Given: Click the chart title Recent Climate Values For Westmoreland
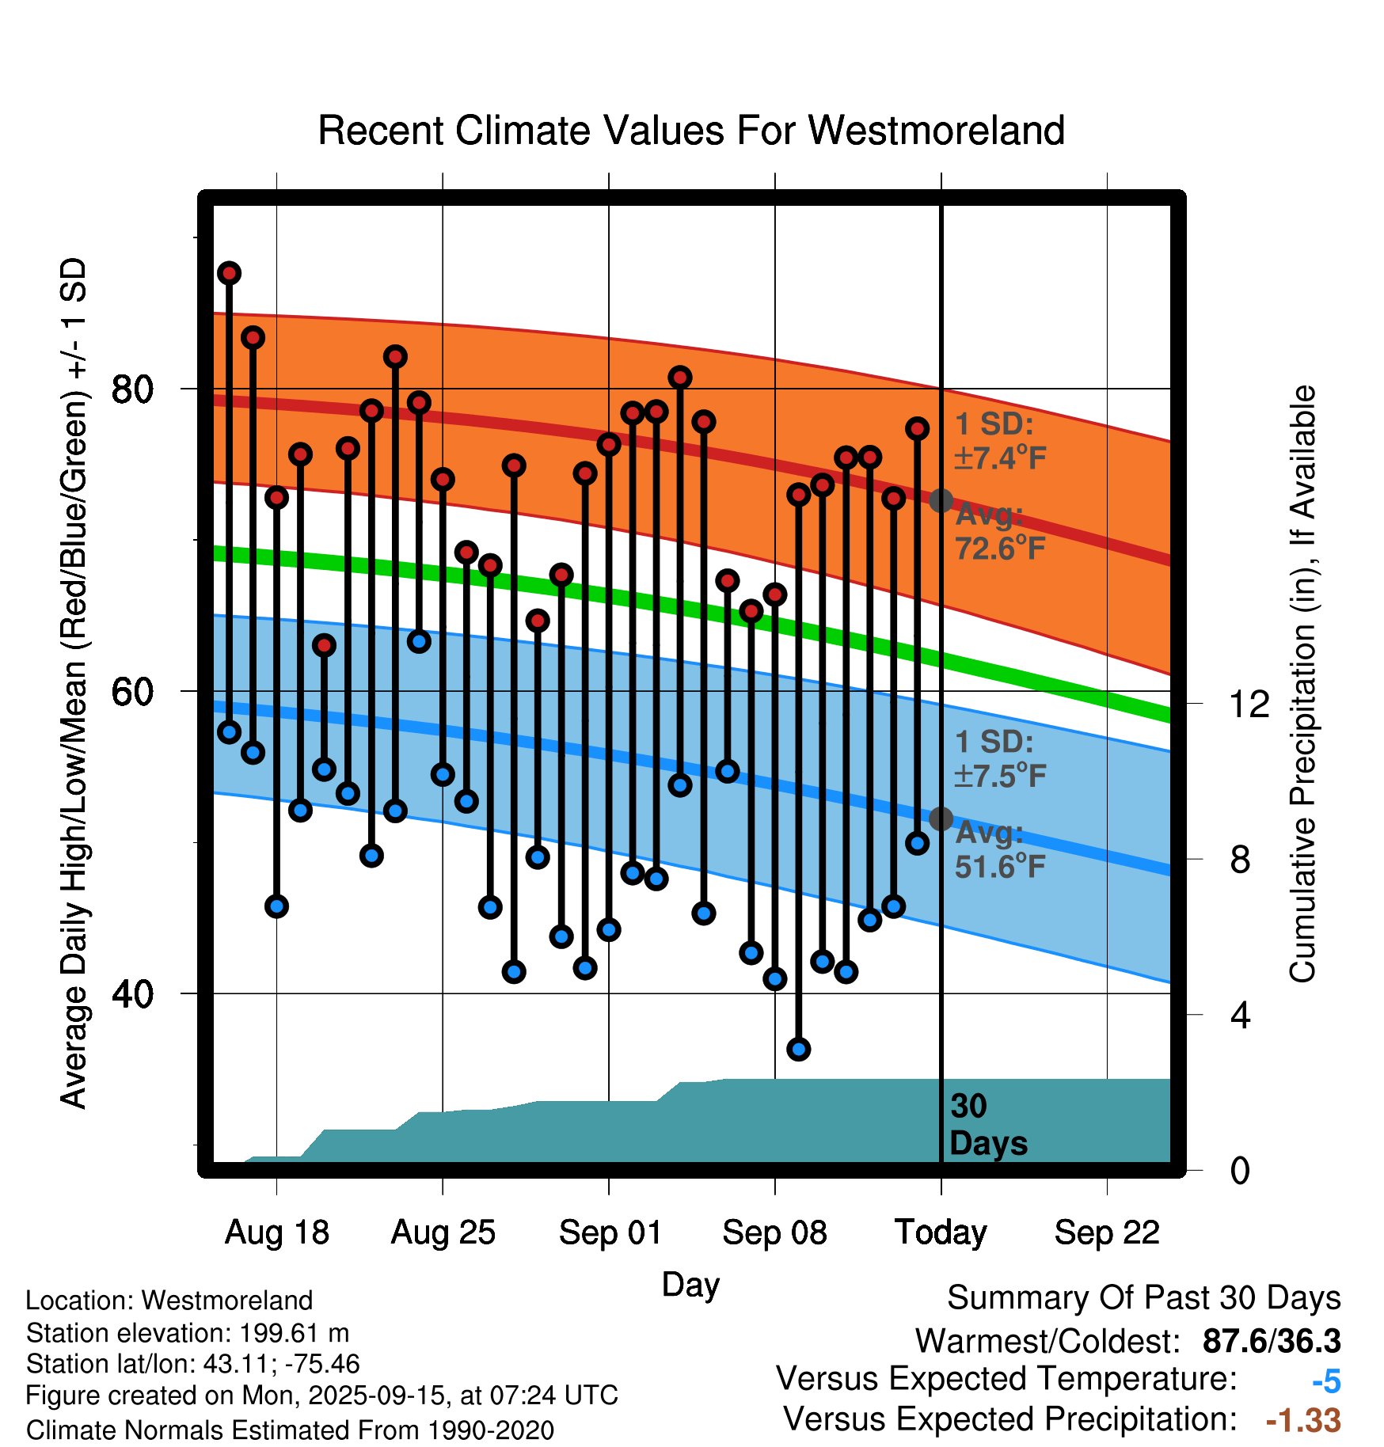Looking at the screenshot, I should tap(690, 131).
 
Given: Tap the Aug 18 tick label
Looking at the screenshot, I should tap(276, 1232).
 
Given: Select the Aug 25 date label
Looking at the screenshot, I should tap(443, 1232).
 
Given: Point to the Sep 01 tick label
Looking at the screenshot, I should tap(610, 1232).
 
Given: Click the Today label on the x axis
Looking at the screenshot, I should tap(941, 1232).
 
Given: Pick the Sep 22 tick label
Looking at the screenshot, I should tap(1107, 1232).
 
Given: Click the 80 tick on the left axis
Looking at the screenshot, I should tap(132, 389).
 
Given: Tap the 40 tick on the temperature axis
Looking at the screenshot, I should tap(132, 993).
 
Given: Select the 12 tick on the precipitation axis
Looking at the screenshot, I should tap(1249, 704).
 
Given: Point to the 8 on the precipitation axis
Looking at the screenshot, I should tap(1240, 859).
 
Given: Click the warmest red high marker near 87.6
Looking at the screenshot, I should tap(230, 273).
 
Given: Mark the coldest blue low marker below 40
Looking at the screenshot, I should tap(798, 1049).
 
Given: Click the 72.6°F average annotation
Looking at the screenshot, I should tap(999, 547).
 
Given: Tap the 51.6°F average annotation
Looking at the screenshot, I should tap(999, 866).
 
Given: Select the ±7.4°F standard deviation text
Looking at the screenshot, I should tap(1000, 458).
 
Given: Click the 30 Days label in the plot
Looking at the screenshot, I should tap(987, 1125).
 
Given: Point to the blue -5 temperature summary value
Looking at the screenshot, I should tap(1326, 1382).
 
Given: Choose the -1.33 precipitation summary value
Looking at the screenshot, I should tap(1303, 1420).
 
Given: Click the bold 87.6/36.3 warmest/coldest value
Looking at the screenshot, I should tap(1271, 1341).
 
